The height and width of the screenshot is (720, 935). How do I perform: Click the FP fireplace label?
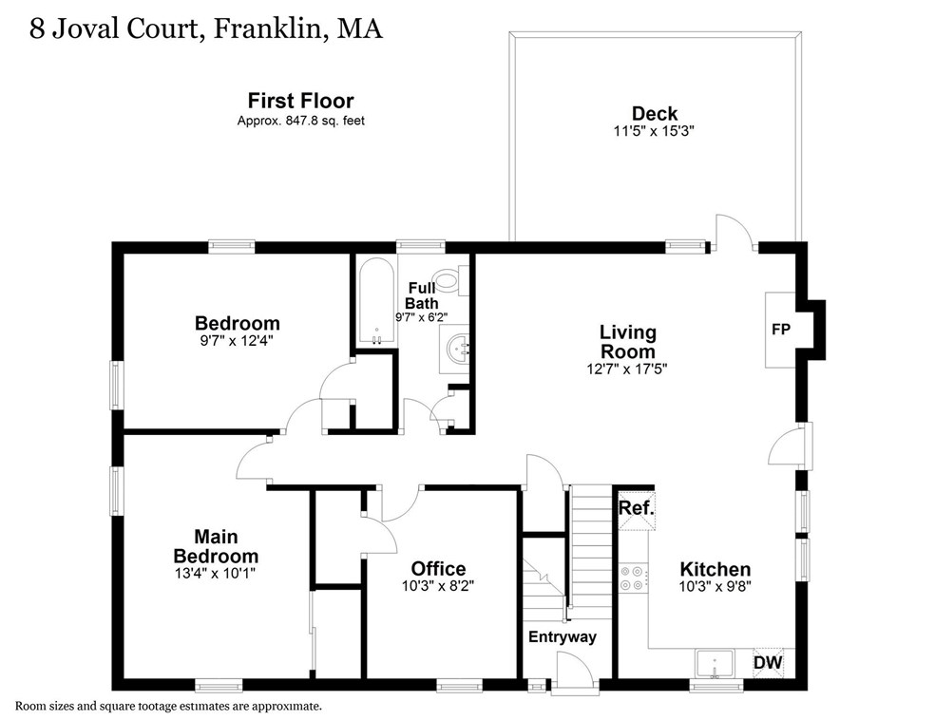tap(779, 329)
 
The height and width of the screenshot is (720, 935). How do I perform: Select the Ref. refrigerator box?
tap(636, 508)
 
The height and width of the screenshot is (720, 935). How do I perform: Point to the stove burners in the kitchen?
tap(633, 578)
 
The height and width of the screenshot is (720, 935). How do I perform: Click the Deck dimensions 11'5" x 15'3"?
tap(655, 132)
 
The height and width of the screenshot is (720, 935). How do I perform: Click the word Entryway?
tap(563, 636)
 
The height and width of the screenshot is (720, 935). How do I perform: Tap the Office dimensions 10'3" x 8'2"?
tap(438, 586)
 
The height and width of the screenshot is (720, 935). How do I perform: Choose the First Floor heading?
tap(301, 100)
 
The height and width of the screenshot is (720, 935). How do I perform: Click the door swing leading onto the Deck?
tap(733, 233)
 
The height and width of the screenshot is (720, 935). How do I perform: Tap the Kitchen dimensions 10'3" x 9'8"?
tap(716, 586)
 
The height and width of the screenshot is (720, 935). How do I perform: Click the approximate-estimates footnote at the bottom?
tap(169, 706)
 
